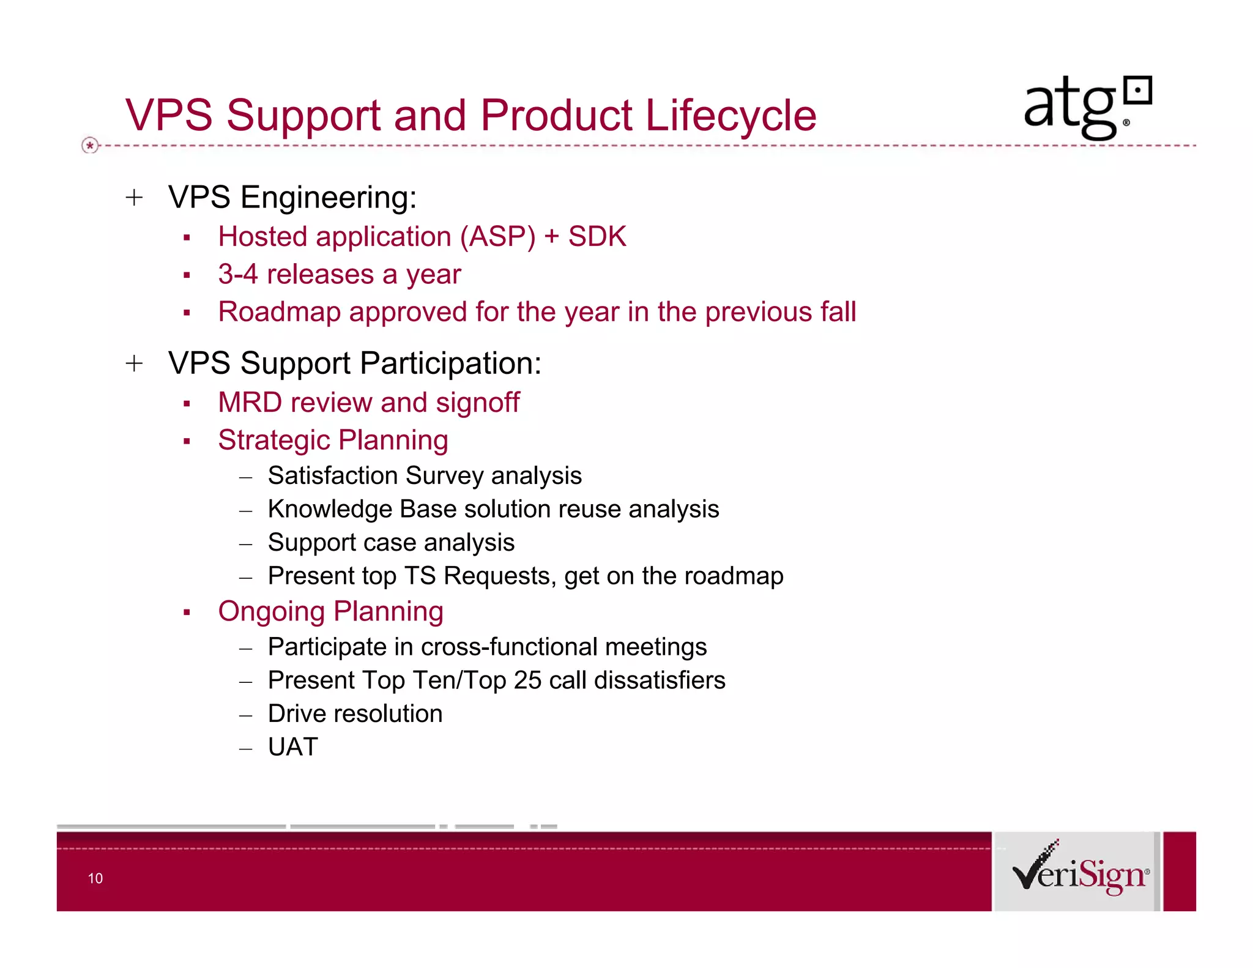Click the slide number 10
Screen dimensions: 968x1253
(95, 878)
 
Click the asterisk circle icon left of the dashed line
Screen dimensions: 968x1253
(90, 146)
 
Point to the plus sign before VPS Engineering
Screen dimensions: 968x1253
(134, 198)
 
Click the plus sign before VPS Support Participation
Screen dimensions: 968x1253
(134, 363)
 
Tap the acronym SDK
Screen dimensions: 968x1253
(597, 237)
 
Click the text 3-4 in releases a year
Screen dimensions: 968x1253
(237, 274)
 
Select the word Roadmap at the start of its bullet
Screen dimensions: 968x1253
(278, 312)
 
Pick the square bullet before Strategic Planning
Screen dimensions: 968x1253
(187, 441)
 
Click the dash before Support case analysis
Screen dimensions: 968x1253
(246, 544)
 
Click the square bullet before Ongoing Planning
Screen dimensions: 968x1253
(187, 612)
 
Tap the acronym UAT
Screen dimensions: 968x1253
(292, 747)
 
